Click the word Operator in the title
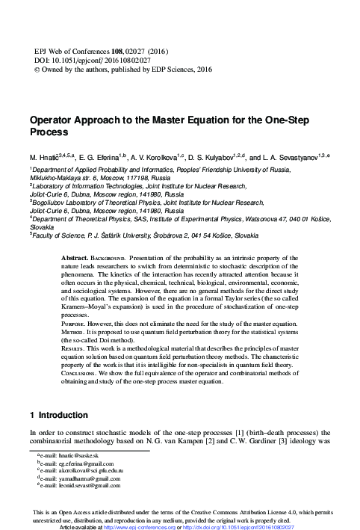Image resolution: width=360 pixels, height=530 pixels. tap(53, 119)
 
